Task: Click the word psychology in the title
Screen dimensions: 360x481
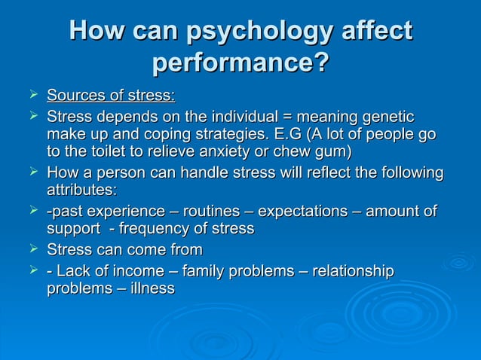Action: tap(253, 32)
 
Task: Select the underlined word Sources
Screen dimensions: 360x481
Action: tap(76, 96)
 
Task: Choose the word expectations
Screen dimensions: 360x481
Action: tap(306, 211)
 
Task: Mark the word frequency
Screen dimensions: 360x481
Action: tap(161, 228)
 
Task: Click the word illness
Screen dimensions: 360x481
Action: tap(150, 288)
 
